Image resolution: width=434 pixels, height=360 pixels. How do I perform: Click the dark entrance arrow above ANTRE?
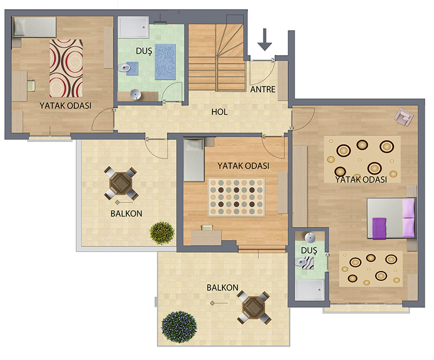coord(265,39)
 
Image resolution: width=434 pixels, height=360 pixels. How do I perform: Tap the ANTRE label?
coord(263,89)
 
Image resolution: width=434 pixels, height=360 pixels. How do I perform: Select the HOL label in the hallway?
coord(220,112)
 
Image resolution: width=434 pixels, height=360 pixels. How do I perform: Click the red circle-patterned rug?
coord(66,68)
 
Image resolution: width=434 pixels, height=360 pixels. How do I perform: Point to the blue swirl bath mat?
coord(165,62)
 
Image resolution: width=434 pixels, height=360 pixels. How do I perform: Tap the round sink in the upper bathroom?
coord(136,95)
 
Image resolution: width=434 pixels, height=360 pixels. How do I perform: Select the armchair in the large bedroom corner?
coord(404,117)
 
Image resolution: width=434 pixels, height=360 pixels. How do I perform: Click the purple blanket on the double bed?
coord(379,228)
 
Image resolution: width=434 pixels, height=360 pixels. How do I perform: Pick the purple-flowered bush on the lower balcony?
coord(179,327)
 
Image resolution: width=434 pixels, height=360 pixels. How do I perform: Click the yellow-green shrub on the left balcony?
coord(162,233)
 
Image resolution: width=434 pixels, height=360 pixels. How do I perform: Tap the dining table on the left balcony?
coord(120,183)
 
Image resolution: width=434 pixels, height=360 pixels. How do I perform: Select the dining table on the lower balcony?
coord(253,307)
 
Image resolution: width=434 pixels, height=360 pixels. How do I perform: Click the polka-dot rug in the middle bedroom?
coord(237,197)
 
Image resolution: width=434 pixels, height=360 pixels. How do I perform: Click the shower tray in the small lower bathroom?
coord(309,290)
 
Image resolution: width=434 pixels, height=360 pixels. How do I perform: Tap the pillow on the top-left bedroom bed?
coord(20,27)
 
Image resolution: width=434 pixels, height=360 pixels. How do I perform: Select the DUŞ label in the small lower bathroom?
coord(309,250)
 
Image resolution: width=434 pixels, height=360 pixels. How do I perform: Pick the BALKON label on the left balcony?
coord(126,214)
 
